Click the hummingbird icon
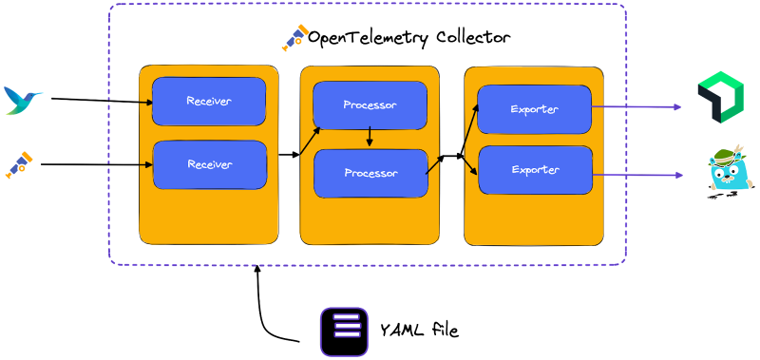pyautogui.click(x=23, y=100)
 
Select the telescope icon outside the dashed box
pyautogui.click(x=19, y=164)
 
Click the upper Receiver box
pyautogui.click(x=209, y=101)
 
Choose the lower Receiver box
pyautogui.click(x=209, y=164)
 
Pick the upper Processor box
pyautogui.click(x=370, y=104)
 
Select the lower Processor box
pyautogui.click(x=370, y=173)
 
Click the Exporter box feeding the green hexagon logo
pyautogui.click(x=534, y=109)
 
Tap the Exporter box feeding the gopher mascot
pyautogui.click(x=535, y=170)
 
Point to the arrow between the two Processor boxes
pyautogui.click(x=370, y=139)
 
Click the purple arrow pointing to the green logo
pyautogui.click(x=636, y=107)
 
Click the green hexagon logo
pyautogui.click(x=720, y=98)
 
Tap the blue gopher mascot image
pyautogui.click(x=731, y=171)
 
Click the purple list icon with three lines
pyautogui.click(x=344, y=332)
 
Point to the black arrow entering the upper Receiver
pyautogui.click(x=146, y=100)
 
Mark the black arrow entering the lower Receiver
pyautogui.click(x=146, y=164)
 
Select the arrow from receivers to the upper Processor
pyautogui.click(x=310, y=139)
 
